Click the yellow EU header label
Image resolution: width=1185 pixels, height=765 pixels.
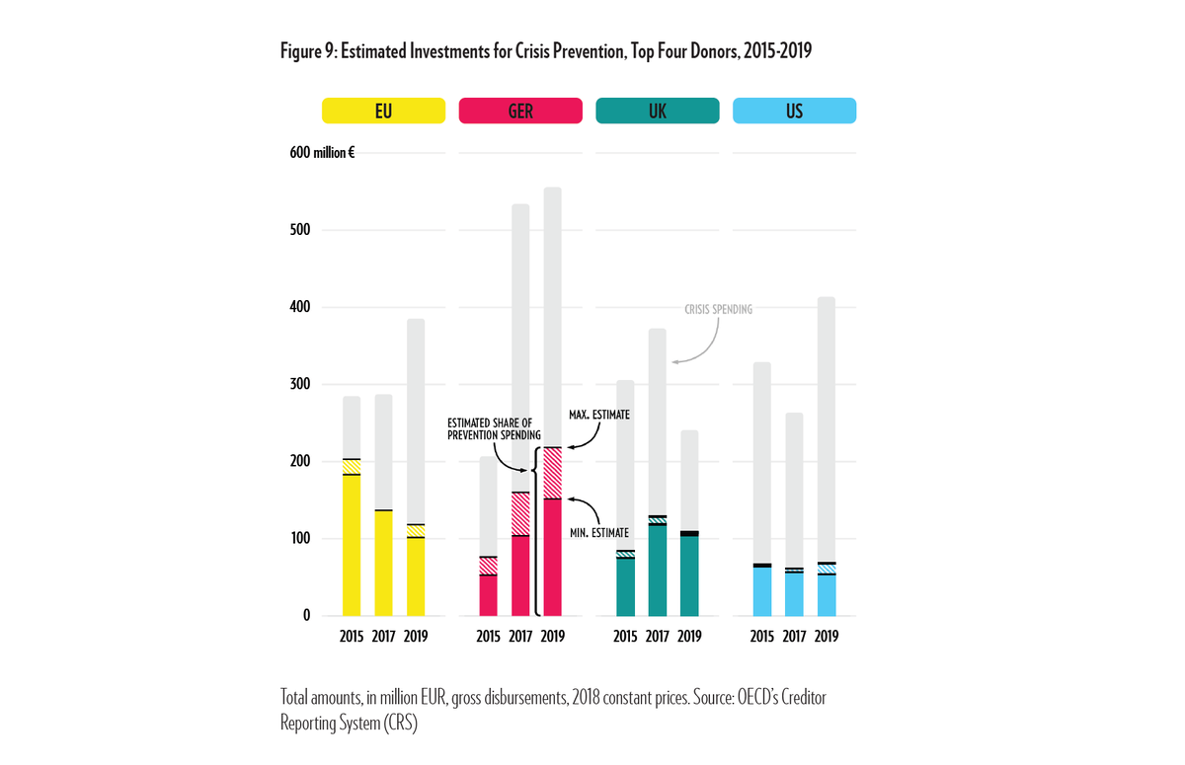[x=383, y=111]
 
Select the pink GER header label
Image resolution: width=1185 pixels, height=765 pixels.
[x=520, y=111]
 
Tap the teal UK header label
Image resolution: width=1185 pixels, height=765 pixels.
[x=657, y=111]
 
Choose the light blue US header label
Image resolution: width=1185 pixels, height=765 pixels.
[x=794, y=111]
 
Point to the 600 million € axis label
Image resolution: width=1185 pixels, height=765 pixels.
[x=322, y=153]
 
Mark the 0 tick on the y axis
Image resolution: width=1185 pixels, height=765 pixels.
[x=306, y=615]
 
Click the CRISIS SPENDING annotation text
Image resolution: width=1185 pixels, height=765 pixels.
[x=718, y=310]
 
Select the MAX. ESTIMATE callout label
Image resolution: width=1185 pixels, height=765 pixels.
[x=599, y=415]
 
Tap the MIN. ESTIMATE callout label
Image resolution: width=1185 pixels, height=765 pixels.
[x=598, y=533]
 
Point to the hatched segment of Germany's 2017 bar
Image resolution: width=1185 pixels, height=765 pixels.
[x=520, y=513]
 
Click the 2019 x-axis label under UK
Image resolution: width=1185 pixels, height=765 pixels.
[x=689, y=637]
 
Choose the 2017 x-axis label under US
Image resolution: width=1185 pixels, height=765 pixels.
[x=794, y=637]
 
